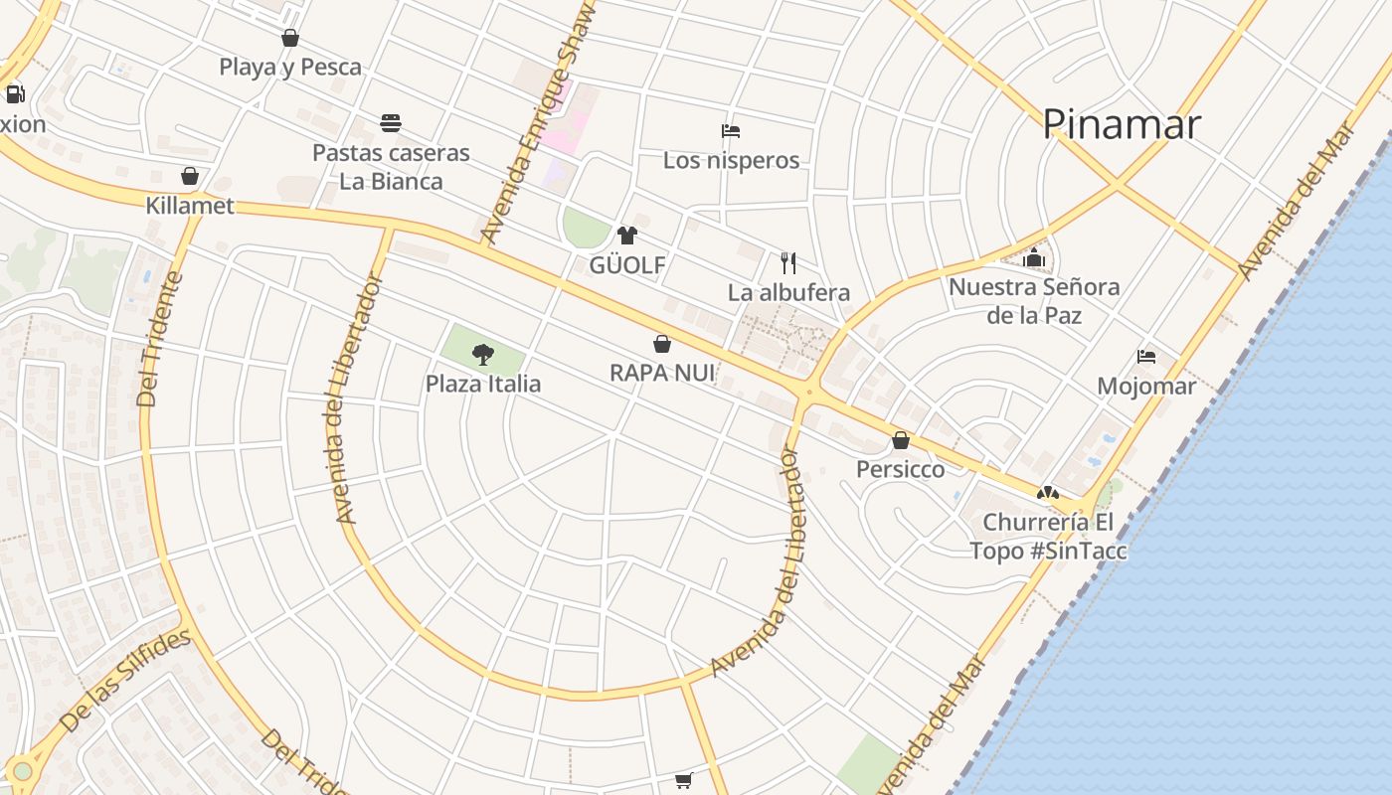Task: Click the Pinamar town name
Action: coord(1122,124)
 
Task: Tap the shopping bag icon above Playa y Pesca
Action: coord(290,39)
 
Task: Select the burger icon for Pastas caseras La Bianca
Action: coord(391,123)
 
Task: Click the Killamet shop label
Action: coord(190,206)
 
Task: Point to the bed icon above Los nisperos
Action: coord(731,131)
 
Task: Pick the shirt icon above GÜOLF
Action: coord(626,236)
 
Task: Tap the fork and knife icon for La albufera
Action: coord(788,262)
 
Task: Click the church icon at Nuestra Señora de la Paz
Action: coord(1034,257)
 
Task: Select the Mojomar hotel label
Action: coord(1146,386)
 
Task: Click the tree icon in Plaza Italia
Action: coord(483,354)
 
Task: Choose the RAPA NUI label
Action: coord(662,373)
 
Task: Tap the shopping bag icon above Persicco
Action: coord(901,440)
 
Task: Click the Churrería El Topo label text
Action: coord(1048,536)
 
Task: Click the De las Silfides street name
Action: coord(124,682)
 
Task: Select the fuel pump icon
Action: coord(15,94)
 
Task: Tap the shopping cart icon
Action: coord(683,781)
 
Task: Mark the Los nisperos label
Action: coord(731,160)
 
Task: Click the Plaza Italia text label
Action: coord(483,384)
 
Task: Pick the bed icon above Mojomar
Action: coord(1146,357)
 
